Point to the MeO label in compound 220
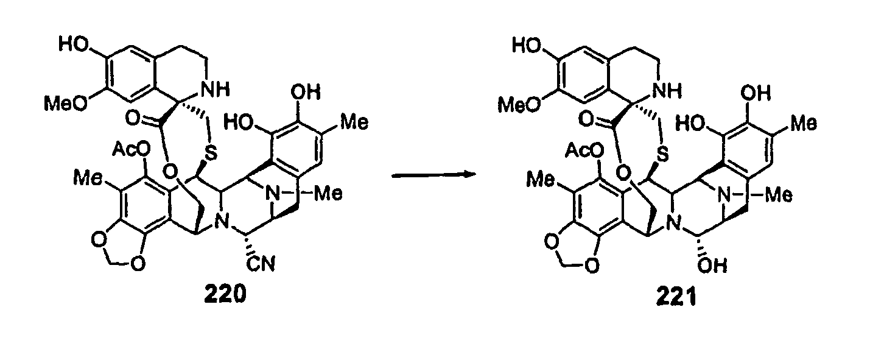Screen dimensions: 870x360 pos(63,104)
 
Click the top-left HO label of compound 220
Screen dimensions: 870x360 pos(72,44)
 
